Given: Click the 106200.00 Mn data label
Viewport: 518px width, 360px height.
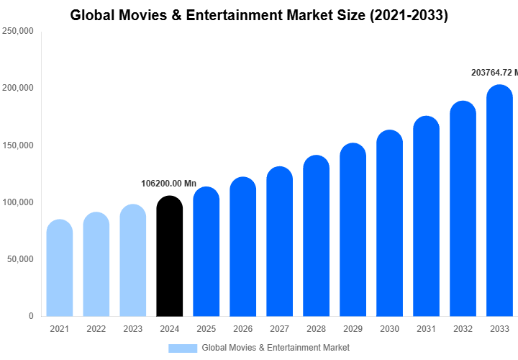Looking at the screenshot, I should (168, 184).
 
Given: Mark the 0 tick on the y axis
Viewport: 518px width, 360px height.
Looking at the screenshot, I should (31, 316).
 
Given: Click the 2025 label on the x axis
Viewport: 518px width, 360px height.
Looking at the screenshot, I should (206, 329).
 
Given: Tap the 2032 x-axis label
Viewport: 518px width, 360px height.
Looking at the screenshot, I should (463, 329).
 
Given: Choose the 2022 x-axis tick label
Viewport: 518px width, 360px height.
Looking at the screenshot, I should (96, 329).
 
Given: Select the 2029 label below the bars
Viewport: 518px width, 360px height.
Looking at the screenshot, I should (353, 329).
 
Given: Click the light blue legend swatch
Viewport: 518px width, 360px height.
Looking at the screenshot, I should (183, 348).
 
